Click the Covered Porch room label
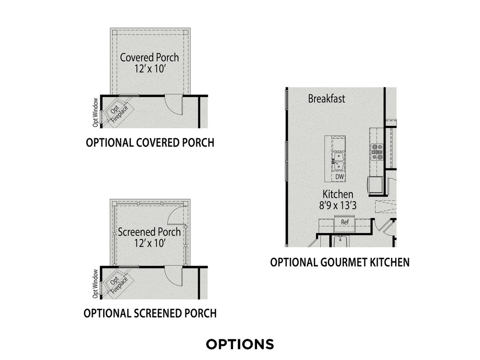click(x=149, y=57)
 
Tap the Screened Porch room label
click(x=149, y=232)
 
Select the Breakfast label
click(x=327, y=98)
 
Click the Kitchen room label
click(x=338, y=194)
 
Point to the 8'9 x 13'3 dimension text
click(x=338, y=205)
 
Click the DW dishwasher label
click(x=339, y=177)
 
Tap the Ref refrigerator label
click(x=345, y=222)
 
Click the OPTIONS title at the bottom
click(x=240, y=344)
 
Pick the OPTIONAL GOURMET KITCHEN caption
click(x=340, y=262)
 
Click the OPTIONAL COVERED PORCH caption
click(x=150, y=143)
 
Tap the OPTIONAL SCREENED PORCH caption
click(x=150, y=313)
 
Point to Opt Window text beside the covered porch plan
click(x=95, y=112)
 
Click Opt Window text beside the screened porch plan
click(x=95, y=284)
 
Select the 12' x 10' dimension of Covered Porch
click(x=149, y=69)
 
